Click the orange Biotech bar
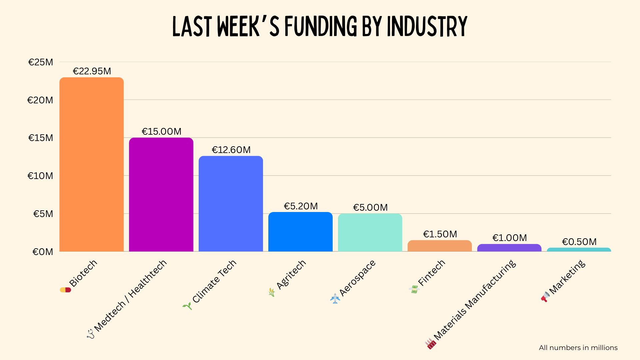[x=92, y=165]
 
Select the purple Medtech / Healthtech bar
[x=161, y=195]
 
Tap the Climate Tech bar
[x=231, y=204]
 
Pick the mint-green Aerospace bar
[x=370, y=233]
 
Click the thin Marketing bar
[x=579, y=250]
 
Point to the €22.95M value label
[x=92, y=71]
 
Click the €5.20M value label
[x=301, y=206]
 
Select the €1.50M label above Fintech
[x=440, y=234]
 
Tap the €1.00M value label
[x=510, y=238]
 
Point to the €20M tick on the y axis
[x=40, y=100]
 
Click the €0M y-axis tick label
[x=43, y=252]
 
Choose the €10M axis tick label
[x=40, y=176]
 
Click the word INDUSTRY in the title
[x=427, y=27]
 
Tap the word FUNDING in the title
[x=320, y=27]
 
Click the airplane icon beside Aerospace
[x=335, y=298]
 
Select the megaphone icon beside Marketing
[x=545, y=296]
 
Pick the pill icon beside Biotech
[x=65, y=290]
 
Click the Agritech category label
[x=291, y=274]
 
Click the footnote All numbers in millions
[x=578, y=348]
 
